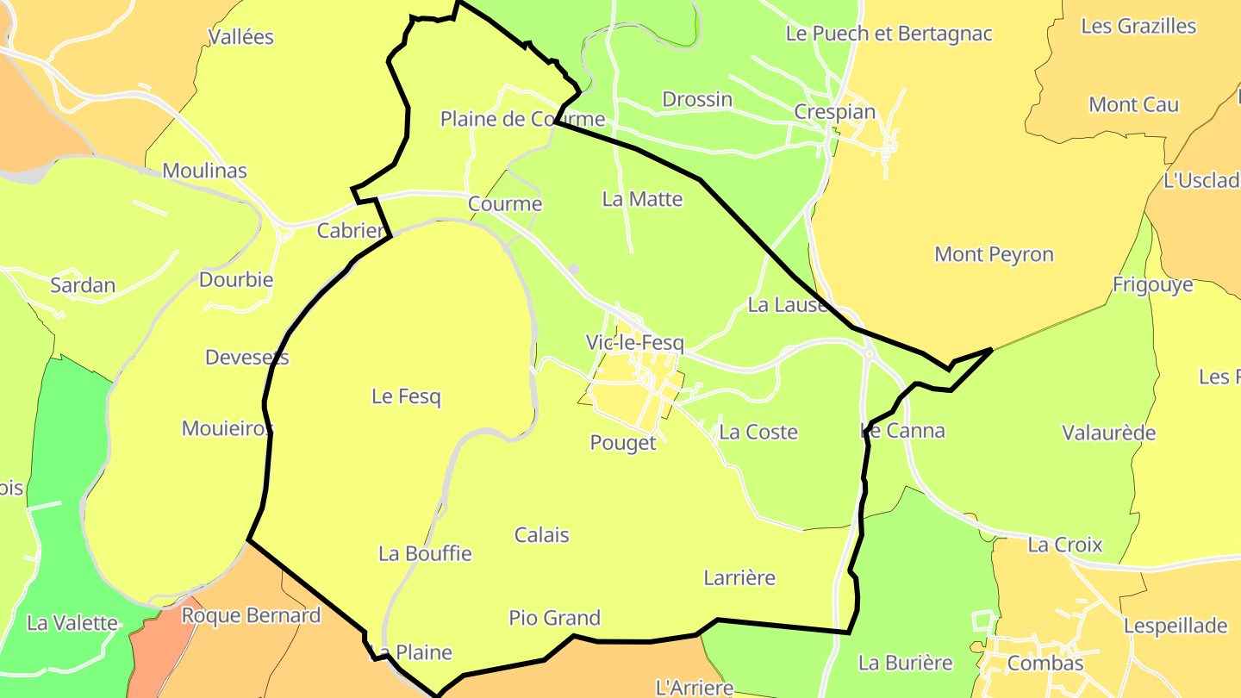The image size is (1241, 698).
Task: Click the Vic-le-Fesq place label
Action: point(634,343)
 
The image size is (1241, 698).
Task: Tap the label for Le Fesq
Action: point(406,396)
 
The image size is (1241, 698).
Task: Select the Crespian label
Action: point(834,112)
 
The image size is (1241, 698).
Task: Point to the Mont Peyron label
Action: point(994,254)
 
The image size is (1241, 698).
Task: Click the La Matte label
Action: point(642,199)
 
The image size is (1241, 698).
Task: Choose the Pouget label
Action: point(622,443)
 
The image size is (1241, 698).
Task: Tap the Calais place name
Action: point(541,535)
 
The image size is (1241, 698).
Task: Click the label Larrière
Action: point(739,577)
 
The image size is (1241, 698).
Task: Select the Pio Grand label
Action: point(554,618)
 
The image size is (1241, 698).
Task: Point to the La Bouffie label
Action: point(425,553)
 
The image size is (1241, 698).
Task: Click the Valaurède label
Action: point(1108,433)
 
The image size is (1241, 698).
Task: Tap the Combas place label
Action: point(1045,664)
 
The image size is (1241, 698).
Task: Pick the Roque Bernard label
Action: point(251,616)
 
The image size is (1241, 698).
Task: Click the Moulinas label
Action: point(204,171)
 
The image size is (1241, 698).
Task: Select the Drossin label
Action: point(697,99)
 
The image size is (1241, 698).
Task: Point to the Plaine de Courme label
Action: point(522,119)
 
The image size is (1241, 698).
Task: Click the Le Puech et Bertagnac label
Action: point(889,34)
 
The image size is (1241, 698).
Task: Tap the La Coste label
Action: point(758,432)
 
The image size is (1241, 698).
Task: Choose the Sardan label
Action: point(83,285)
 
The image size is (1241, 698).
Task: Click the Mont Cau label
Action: point(1133,105)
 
